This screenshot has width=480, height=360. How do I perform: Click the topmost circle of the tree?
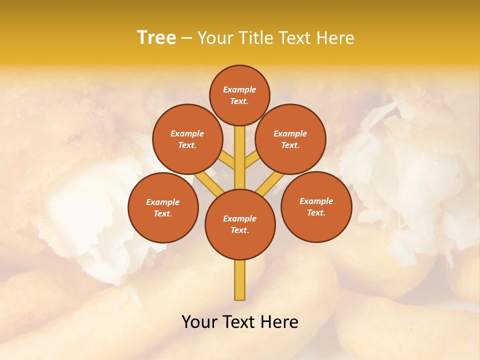(x=239, y=95)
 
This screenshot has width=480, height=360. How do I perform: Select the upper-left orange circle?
(x=187, y=139)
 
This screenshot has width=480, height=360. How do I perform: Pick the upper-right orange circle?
(x=290, y=139)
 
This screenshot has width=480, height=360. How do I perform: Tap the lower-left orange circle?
(x=163, y=207)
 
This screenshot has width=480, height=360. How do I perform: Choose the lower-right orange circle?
(x=316, y=206)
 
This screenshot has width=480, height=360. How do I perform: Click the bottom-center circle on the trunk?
(x=240, y=224)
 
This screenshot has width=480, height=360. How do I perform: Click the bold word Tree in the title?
(x=156, y=38)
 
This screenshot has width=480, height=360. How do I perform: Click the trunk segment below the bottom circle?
(x=240, y=280)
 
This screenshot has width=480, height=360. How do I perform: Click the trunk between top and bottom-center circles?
(x=240, y=157)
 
